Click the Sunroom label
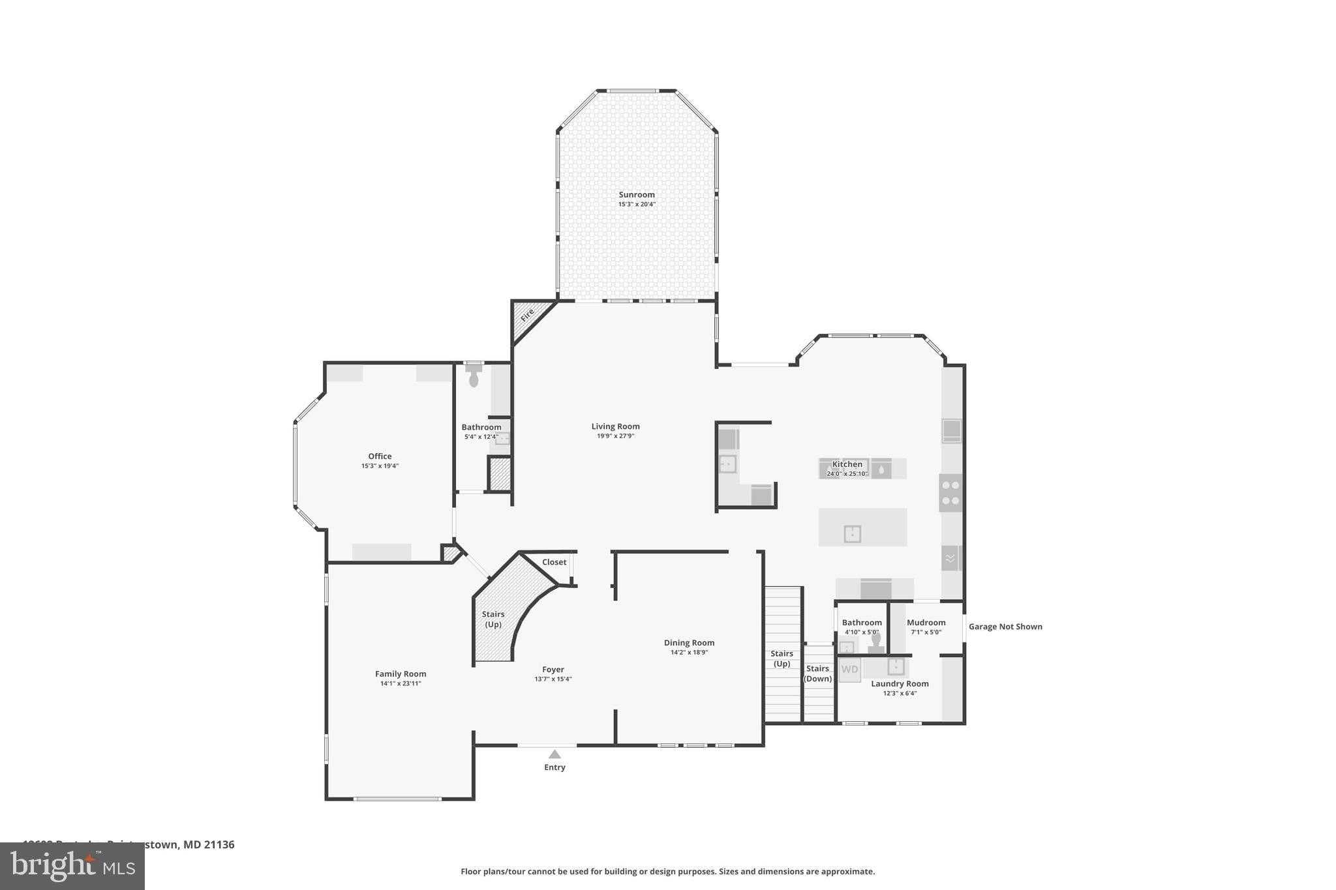[636, 194]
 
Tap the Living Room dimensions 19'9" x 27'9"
[615, 436]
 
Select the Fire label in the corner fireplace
[527, 315]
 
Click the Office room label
[380, 456]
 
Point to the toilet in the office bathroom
[474, 378]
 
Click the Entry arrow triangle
[554, 754]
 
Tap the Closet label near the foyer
[554, 562]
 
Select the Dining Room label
[689, 642]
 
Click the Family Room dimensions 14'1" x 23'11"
[401, 683]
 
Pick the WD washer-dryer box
[849, 670]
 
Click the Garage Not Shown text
[1005, 627]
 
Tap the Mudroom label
[926, 623]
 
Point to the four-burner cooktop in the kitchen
[950, 492]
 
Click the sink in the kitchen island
[852, 534]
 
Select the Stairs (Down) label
[817, 673]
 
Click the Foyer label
[553, 669]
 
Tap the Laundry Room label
[900, 683]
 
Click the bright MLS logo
[72, 866]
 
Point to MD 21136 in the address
[209, 844]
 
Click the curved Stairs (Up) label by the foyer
[493, 619]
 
